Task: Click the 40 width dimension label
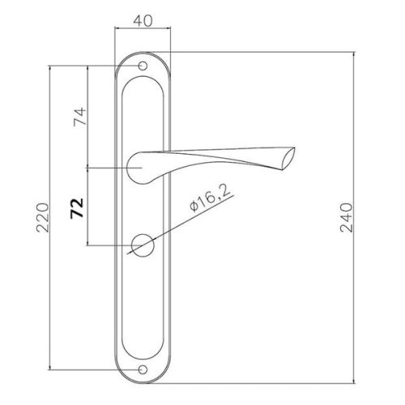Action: pos(143,21)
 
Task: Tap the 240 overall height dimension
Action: pos(346,218)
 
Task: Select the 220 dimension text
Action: pos(43,218)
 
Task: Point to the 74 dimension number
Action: pos(80,117)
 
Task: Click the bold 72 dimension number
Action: pos(77,208)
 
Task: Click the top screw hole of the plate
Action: pos(143,66)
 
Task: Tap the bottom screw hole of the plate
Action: pos(143,369)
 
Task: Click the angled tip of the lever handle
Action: pos(288,159)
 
